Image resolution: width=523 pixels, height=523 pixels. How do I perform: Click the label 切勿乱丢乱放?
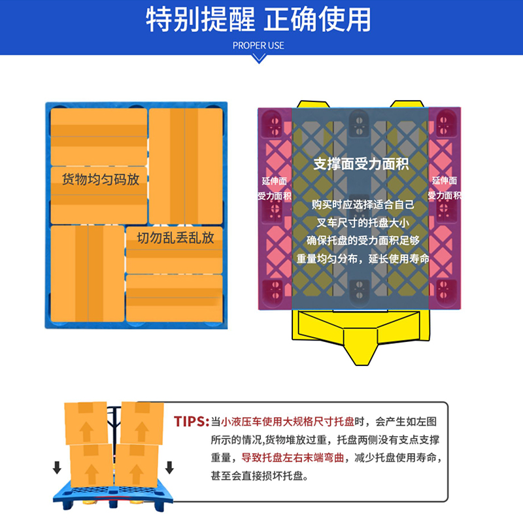point(175,237)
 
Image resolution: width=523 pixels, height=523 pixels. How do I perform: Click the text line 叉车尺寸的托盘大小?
point(363,222)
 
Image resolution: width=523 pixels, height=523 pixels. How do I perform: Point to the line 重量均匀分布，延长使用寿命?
point(363,258)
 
